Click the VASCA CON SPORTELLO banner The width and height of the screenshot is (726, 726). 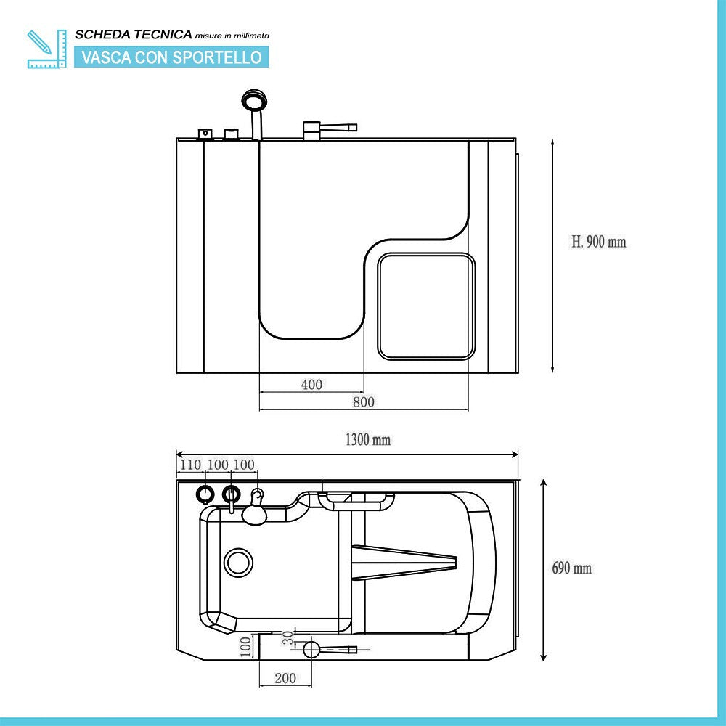(x=171, y=57)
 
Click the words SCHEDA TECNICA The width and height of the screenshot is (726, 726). (x=133, y=34)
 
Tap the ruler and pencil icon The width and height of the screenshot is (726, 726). (x=46, y=49)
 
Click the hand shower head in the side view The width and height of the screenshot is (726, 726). (x=252, y=100)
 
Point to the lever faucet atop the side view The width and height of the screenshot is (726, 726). (x=327, y=129)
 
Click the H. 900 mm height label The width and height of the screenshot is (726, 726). (x=598, y=242)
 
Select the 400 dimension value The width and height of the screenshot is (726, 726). (x=311, y=385)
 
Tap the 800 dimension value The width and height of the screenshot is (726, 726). (x=364, y=401)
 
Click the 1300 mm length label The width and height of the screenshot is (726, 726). (x=367, y=439)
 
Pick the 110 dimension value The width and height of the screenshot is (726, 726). (x=189, y=465)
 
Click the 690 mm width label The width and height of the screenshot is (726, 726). (x=571, y=568)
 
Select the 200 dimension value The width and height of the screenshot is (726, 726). (x=286, y=678)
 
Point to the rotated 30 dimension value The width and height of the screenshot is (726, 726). (x=288, y=638)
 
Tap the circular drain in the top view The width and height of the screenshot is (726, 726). (x=238, y=563)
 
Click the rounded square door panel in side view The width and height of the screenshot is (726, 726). (x=426, y=306)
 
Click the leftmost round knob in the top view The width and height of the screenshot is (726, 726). (x=205, y=495)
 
